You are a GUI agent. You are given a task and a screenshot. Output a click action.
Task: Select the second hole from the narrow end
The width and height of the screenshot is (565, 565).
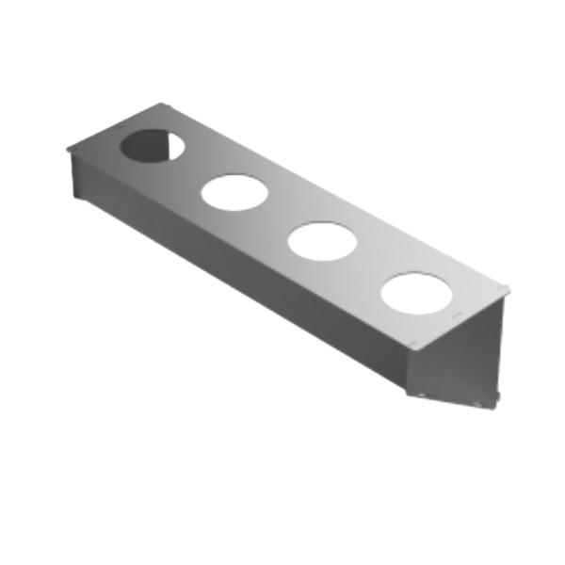[234, 193]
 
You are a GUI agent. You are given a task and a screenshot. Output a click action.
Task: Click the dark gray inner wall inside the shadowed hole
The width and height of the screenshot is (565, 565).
[141, 146]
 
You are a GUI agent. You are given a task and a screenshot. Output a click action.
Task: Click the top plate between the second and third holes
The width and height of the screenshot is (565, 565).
[278, 218]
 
